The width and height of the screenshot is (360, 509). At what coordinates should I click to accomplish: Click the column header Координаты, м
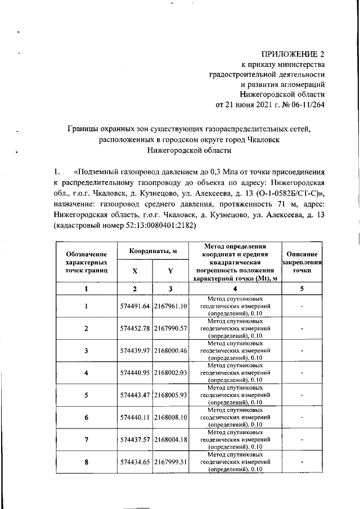(152, 250)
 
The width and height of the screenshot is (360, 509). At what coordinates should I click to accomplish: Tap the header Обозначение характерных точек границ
(87, 262)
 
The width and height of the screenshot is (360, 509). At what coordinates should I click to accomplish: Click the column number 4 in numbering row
(236, 289)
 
